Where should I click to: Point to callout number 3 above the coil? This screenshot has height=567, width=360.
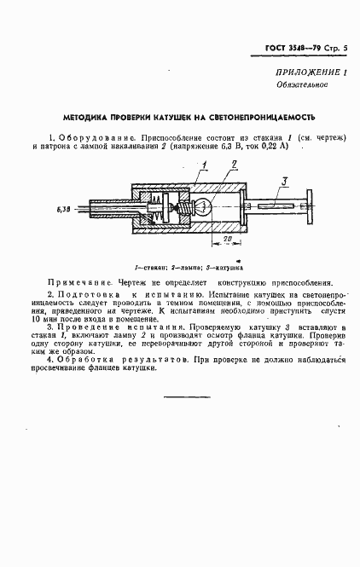286,178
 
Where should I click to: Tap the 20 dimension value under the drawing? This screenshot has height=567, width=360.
220,241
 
